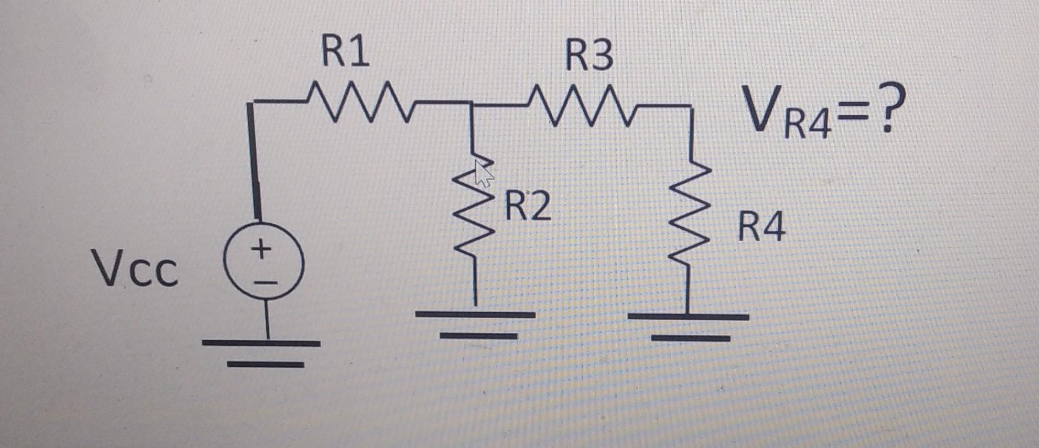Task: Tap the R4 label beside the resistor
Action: click(761, 227)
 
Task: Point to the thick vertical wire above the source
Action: click(254, 162)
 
